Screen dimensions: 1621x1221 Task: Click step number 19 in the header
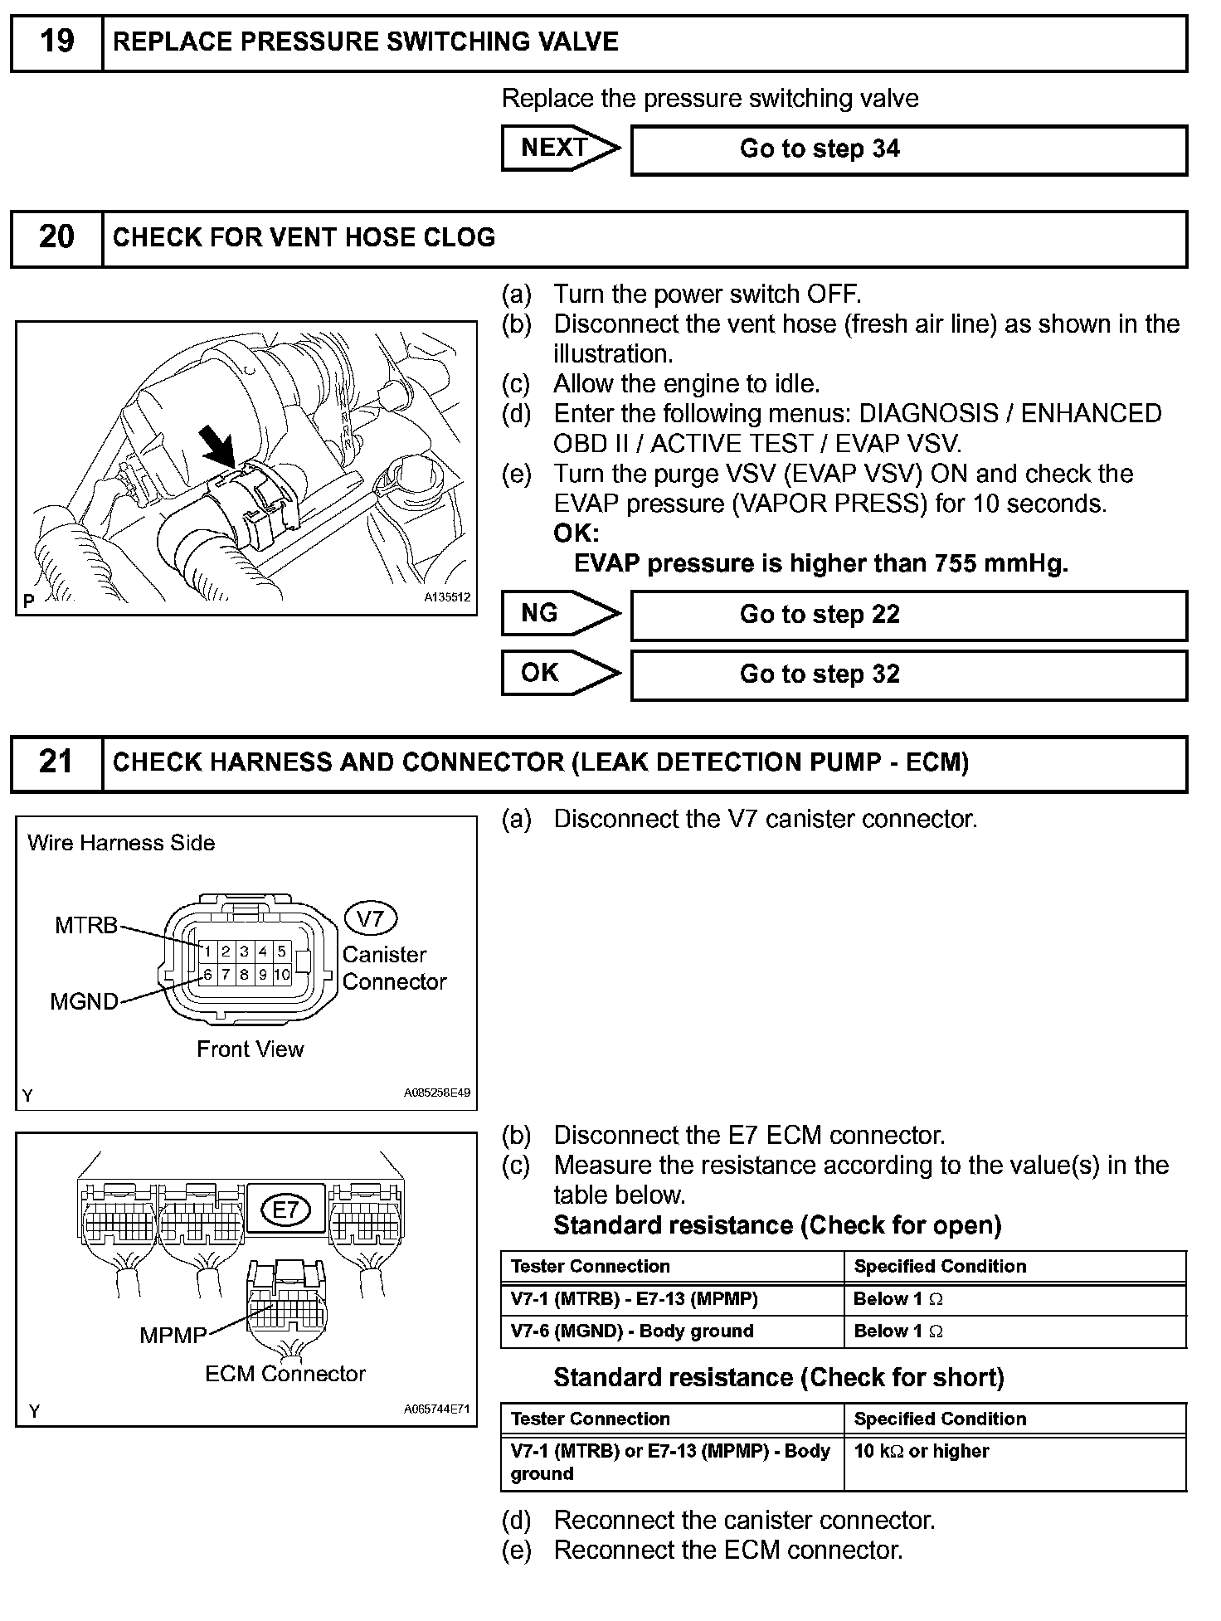pyautogui.click(x=56, y=41)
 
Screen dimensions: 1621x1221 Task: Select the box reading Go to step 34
pyautogui.click(x=908, y=149)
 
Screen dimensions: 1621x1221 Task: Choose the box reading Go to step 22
pyautogui.click(x=908, y=615)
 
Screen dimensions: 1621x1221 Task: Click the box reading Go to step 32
pyautogui.click(x=908, y=674)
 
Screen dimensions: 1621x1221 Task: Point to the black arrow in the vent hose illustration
pyautogui.click(x=218, y=448)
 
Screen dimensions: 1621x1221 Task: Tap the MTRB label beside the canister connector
pyautogui.click(x=86, y=925)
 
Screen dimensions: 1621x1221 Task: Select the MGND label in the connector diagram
pyautogui.click(x=84, y=1001)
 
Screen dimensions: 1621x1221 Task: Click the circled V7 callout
pyautogui.click(x=370, y=918)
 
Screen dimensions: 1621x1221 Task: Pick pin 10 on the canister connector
pyautogui.click(x=282, y=975)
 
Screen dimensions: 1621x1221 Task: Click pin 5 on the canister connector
pyautogui.click(x=282, y=952)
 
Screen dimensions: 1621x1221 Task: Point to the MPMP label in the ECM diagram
pyautogui.click(x=173, y=1335)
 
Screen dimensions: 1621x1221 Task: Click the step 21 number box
pyautogui.click(x=56, y=762)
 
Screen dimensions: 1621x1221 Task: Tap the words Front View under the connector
pyautogui.click(x=250, y=1049)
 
